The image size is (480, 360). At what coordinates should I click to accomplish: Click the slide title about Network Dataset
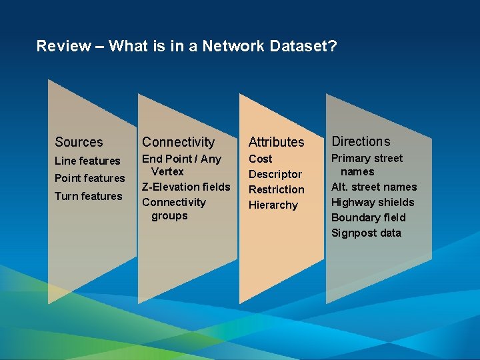pos(187,46)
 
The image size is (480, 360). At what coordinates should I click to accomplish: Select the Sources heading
pos(79,142)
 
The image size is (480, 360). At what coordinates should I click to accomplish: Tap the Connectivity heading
pos(178,142)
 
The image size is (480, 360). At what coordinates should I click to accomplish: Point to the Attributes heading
pos(276,142)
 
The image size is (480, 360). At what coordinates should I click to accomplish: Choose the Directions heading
pos(361,141)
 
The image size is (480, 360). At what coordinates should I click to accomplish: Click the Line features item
pos(87,161)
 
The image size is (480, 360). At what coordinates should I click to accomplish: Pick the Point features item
pos(89,178)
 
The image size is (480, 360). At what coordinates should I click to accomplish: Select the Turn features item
pos(88,196)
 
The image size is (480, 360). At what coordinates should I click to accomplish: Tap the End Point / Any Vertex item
pos(181,165)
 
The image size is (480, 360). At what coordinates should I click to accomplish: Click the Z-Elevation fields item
pos(185,187)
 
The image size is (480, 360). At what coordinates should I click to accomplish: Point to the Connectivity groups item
pos(173,209)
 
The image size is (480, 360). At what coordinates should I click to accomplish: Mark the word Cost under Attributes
pos(260,159)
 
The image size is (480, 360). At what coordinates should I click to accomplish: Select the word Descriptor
pos(275,174)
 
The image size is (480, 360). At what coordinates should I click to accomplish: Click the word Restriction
pos(276,189)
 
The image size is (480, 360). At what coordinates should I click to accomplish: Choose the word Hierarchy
pos(273,205)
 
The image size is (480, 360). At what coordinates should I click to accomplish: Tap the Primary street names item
pos(367,165)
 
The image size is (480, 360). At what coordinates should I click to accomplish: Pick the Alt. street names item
pos(374,187)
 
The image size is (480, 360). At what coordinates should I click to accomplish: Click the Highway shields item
pos(373,202)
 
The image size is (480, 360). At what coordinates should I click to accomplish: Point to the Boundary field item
pos(368,217)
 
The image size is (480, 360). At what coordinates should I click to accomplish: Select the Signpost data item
pos(366,233)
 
